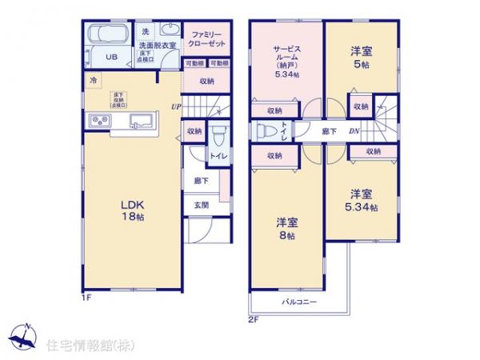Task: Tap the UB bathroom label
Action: (113, 58)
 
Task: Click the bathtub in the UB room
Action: (109, 36)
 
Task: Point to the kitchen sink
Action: (140, 122)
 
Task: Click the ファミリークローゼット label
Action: (207, 40)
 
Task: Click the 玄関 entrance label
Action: (200, 205)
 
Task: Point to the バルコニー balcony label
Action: (300, 302)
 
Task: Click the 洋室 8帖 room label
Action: (287, 229)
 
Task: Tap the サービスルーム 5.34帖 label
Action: (286, 61)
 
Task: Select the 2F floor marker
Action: (252, 319)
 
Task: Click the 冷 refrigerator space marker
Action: (93, 81)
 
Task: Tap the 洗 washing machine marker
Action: (145, 31)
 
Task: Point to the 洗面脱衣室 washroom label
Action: (157, 46)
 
